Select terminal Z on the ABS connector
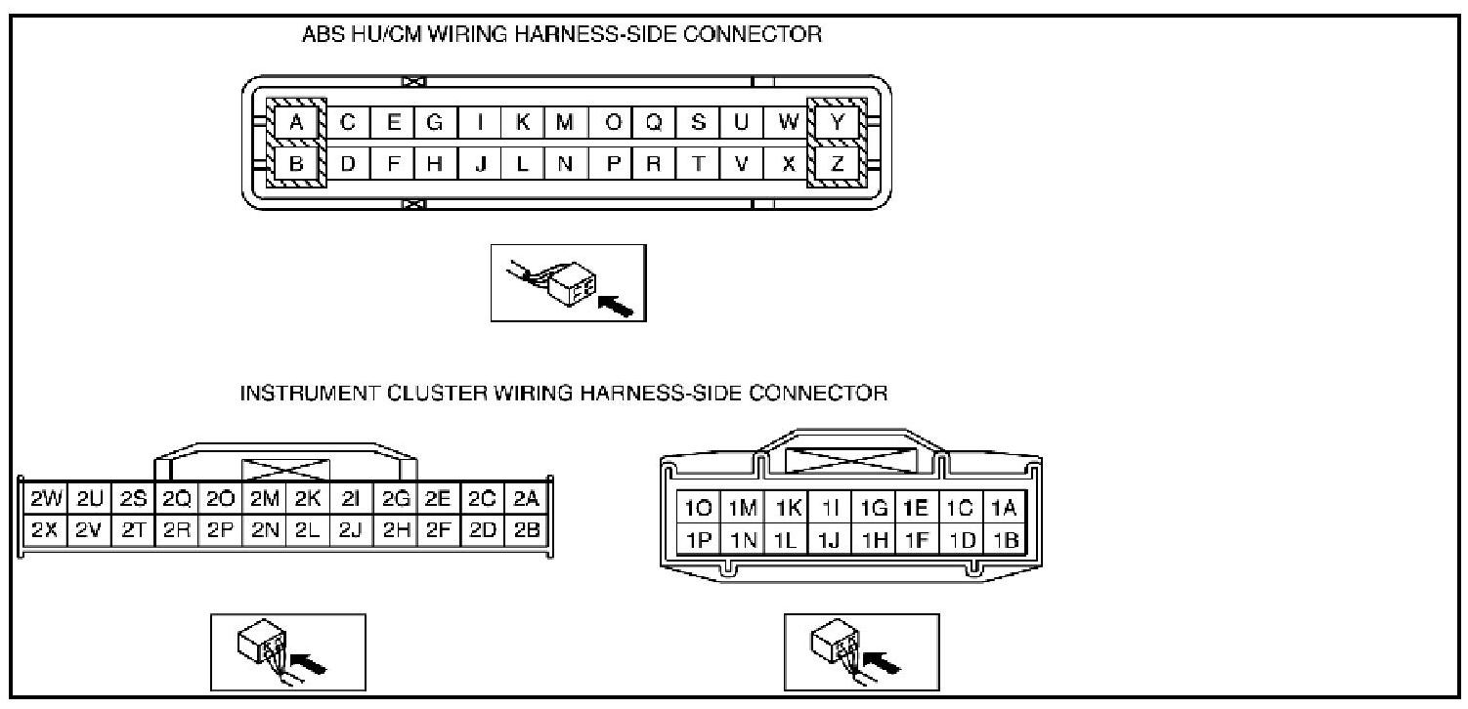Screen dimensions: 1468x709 (x=837, y=164)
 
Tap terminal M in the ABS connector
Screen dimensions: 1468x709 (x=564, y=123)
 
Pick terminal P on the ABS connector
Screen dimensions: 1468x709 (x=613, y=164)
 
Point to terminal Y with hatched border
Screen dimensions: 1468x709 (x=837, y=123)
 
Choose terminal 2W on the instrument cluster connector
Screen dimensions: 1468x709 (x=46, y=500)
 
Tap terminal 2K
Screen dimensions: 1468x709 (x=308, y=500)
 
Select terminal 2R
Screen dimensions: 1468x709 (x=177, y=532)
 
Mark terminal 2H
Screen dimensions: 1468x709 (x=396, y=532)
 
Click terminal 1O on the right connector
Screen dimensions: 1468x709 (x=700, y=508)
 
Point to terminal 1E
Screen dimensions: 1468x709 (x=916, y=508)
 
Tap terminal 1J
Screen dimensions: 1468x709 (x=829, y=540)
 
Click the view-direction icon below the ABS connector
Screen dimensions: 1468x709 (x=568, y=282)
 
